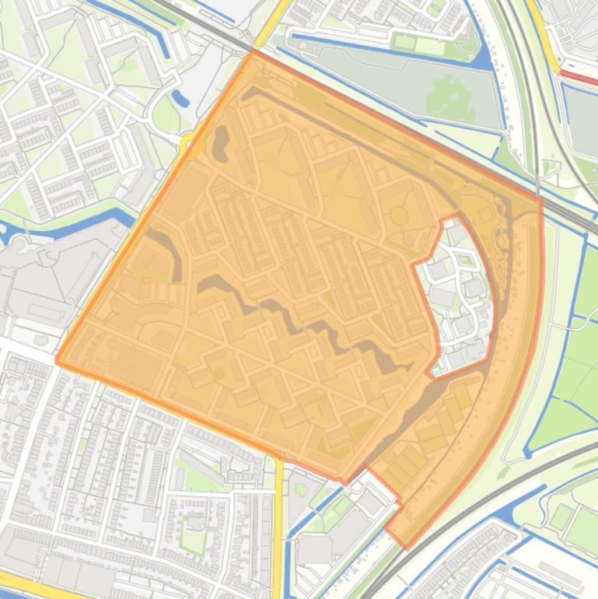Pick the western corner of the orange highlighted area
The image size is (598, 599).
[58, 361]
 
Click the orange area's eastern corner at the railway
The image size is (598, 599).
[540, 201]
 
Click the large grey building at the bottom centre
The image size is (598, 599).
[315, 549]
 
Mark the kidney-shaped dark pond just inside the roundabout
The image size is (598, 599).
[221, 140]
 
